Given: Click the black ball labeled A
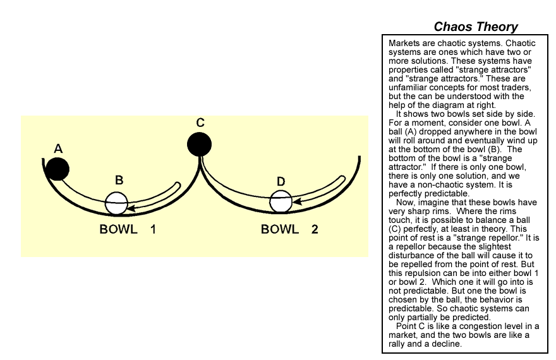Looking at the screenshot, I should click(57, 169).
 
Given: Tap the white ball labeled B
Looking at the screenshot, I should click(116, 203).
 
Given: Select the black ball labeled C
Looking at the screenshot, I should click(199, 143).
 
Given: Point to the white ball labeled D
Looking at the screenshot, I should click(281, 201).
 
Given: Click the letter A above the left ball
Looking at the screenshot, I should click(57, 148).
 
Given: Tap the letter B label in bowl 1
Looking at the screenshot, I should click(119, 180).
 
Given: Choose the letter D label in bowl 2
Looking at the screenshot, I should click(281, 181).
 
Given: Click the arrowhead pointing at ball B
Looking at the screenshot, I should click(130, 206).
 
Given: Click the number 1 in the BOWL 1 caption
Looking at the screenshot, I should click(153, 229).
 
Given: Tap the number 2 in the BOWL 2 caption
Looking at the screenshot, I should click(315, 229).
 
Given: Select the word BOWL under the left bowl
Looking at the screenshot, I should click(118, 229).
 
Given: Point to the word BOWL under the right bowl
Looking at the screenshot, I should click(279, 229).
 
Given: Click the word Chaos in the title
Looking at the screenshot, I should click(453, 27).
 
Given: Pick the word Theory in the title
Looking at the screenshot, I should click(497, 27).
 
